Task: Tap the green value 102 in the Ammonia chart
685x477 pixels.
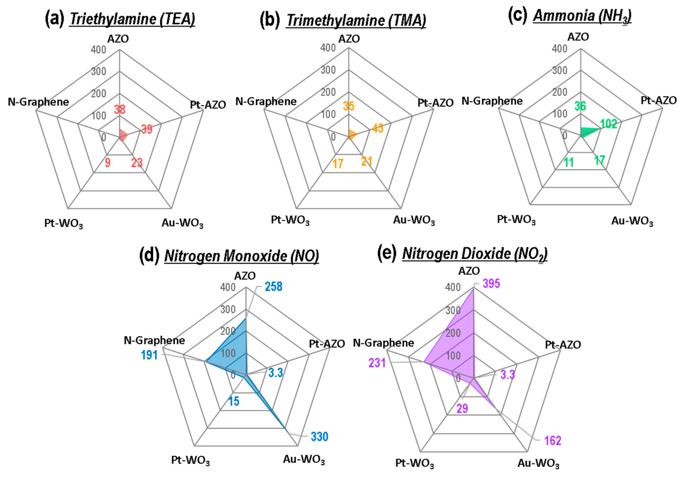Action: pos(609,124)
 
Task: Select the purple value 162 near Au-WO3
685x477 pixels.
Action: pos(553,440)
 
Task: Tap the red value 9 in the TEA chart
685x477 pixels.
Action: pos(107,163)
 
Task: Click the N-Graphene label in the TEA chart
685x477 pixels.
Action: pos(38,102)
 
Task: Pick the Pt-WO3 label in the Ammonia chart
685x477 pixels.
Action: pos(516,220)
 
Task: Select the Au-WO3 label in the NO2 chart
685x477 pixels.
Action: pos(538,463)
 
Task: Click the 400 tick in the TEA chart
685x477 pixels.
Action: pos(98,50)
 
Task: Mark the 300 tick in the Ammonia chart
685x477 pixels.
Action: pos(559,70)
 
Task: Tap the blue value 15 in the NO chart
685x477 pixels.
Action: pos(234,401)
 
